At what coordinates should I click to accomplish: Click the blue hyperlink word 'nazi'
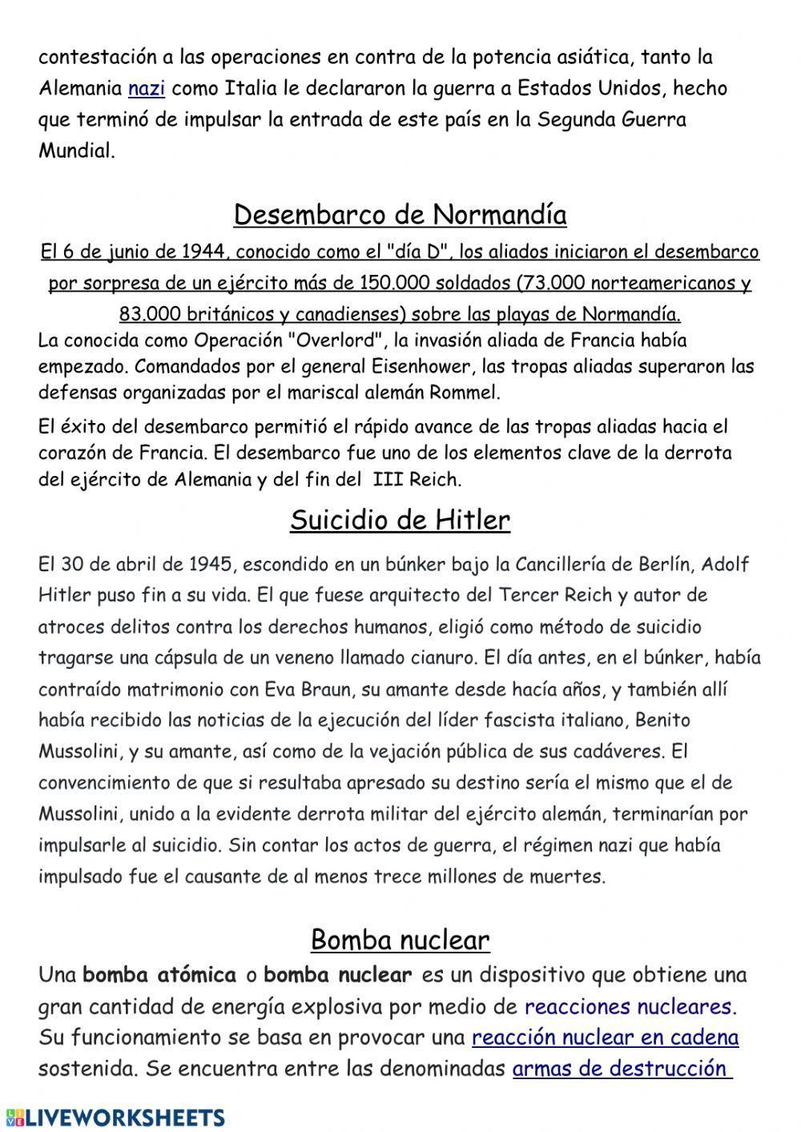pyautogui.click(x=146, y=88)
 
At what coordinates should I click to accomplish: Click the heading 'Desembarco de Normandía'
pyautogui.click(x=400, y=215)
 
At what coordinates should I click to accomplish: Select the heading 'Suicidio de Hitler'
pyautogui.click(x=400, y=521)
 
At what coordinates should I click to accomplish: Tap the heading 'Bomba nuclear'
pyautogui.click(x=400, y=939)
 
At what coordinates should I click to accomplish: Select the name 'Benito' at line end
pyautogui.click(x=662, y=720)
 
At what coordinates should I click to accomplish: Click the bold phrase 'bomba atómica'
pyautogui.click(x=159, y=975)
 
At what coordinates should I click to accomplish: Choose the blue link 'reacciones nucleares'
pyautogui.click(x=629, y=1006)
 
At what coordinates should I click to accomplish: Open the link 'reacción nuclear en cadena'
pyautogui.click(x=605, y=1037)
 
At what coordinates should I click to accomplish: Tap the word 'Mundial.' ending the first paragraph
pyautogui.click(x=77, y=151)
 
